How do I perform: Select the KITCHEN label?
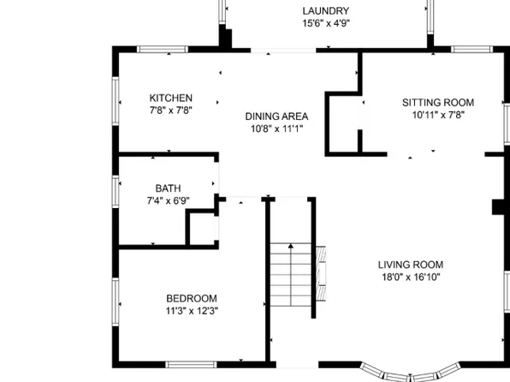(x=170, y=98)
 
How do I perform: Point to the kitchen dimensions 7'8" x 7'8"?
(x=170, y=110)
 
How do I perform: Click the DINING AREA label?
(x=276, y=116)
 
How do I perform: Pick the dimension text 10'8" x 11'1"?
(x=276, y=129)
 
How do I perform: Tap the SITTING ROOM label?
(x=438, y=103)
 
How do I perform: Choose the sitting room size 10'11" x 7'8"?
(x=438, y=116)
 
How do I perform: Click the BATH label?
(x=168, y=188)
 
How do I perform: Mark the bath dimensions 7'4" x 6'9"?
(x=168, y=201)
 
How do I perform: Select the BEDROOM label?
(x=191, y=298)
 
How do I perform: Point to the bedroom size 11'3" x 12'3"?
(x=191, y=311)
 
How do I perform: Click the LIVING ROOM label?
(x=412, y=265)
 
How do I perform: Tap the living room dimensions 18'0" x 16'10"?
(x=412, y=278)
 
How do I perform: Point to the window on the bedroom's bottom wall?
(x=190, y=366)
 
